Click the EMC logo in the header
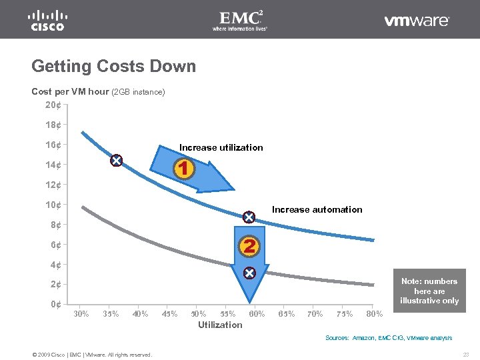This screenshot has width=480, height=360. pos(240,20)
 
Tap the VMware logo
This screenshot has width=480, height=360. pos(417,21)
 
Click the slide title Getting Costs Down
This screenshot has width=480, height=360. pos(114,67)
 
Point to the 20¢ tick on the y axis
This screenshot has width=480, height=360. pos(53,105)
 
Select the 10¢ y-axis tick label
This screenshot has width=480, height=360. pos(53,205)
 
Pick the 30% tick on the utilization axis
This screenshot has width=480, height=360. pos(81,313)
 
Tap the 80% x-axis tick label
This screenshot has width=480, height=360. pos(375,313)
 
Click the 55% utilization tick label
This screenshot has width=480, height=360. pos(228,313)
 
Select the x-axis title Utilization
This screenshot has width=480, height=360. pos(220,325)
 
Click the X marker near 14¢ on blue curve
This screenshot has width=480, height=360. pos(116,161)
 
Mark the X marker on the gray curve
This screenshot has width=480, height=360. pos(249,273)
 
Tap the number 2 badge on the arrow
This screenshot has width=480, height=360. pos(249,246)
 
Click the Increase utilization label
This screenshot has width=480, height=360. pos(221,147)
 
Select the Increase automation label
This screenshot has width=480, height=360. pos(317,209)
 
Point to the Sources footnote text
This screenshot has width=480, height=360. pos(388,338)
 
